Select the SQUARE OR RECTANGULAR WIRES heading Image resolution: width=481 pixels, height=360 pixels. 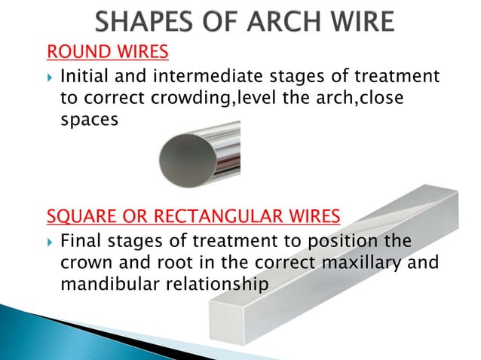coord(193,218)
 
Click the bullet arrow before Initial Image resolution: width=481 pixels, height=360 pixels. coord(50,77)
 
